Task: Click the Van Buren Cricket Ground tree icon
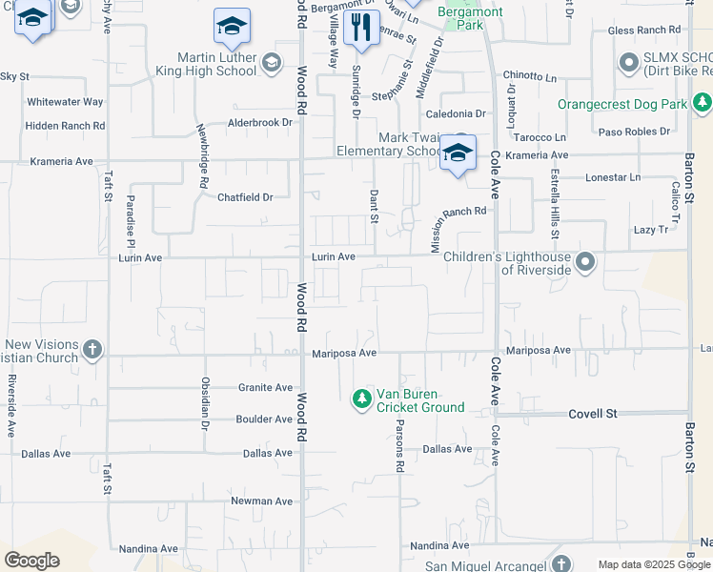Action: coord(362,398)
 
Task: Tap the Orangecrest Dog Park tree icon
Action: coord(703,101)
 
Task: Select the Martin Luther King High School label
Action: coord(209,64)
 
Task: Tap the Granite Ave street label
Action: coord(265,388)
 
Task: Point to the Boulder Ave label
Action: coord(264,419)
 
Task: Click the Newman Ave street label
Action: coord(261,500)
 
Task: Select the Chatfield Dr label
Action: coord(245,197)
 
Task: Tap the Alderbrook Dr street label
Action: coord(259,123)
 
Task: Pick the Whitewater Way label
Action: coord(65,102)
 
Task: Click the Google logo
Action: coord(31,561)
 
